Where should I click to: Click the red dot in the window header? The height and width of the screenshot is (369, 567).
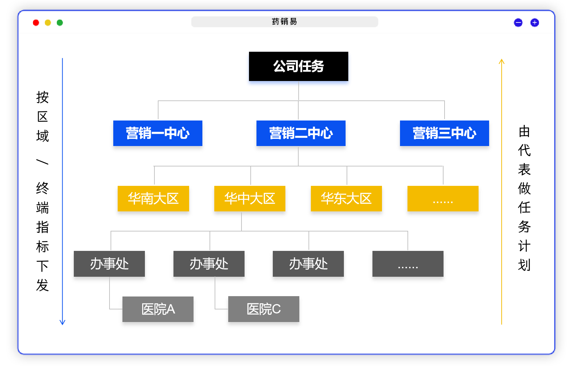point(36,23)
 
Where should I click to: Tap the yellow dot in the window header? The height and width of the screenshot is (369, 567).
point(48,23)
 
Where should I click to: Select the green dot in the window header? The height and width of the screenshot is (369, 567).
point(60,23)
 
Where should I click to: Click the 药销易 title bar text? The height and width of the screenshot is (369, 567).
point(284,22)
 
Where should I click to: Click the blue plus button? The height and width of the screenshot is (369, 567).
point(534,23)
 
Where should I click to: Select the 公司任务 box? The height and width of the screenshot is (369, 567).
point(298,67)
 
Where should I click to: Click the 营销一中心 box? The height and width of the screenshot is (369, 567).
point(158,134)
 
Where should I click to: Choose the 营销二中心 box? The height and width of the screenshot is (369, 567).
point(301,134)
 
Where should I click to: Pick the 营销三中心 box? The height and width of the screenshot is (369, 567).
point(444,134)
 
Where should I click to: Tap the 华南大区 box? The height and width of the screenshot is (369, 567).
point(153,199)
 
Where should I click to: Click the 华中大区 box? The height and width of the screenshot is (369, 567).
point(250,199)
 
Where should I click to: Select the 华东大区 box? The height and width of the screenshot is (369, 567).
point(346,199)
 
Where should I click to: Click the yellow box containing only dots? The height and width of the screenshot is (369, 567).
point(443,199)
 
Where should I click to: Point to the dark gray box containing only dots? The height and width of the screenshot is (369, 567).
point(408,264)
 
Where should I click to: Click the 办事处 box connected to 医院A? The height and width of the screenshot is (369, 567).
point(109,264)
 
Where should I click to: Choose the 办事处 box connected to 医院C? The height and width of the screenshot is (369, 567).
point(209,264)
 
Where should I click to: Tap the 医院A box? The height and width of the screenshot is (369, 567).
point(158,310)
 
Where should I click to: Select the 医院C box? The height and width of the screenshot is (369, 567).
point(264,310)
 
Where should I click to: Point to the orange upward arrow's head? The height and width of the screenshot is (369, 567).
point(501,61)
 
